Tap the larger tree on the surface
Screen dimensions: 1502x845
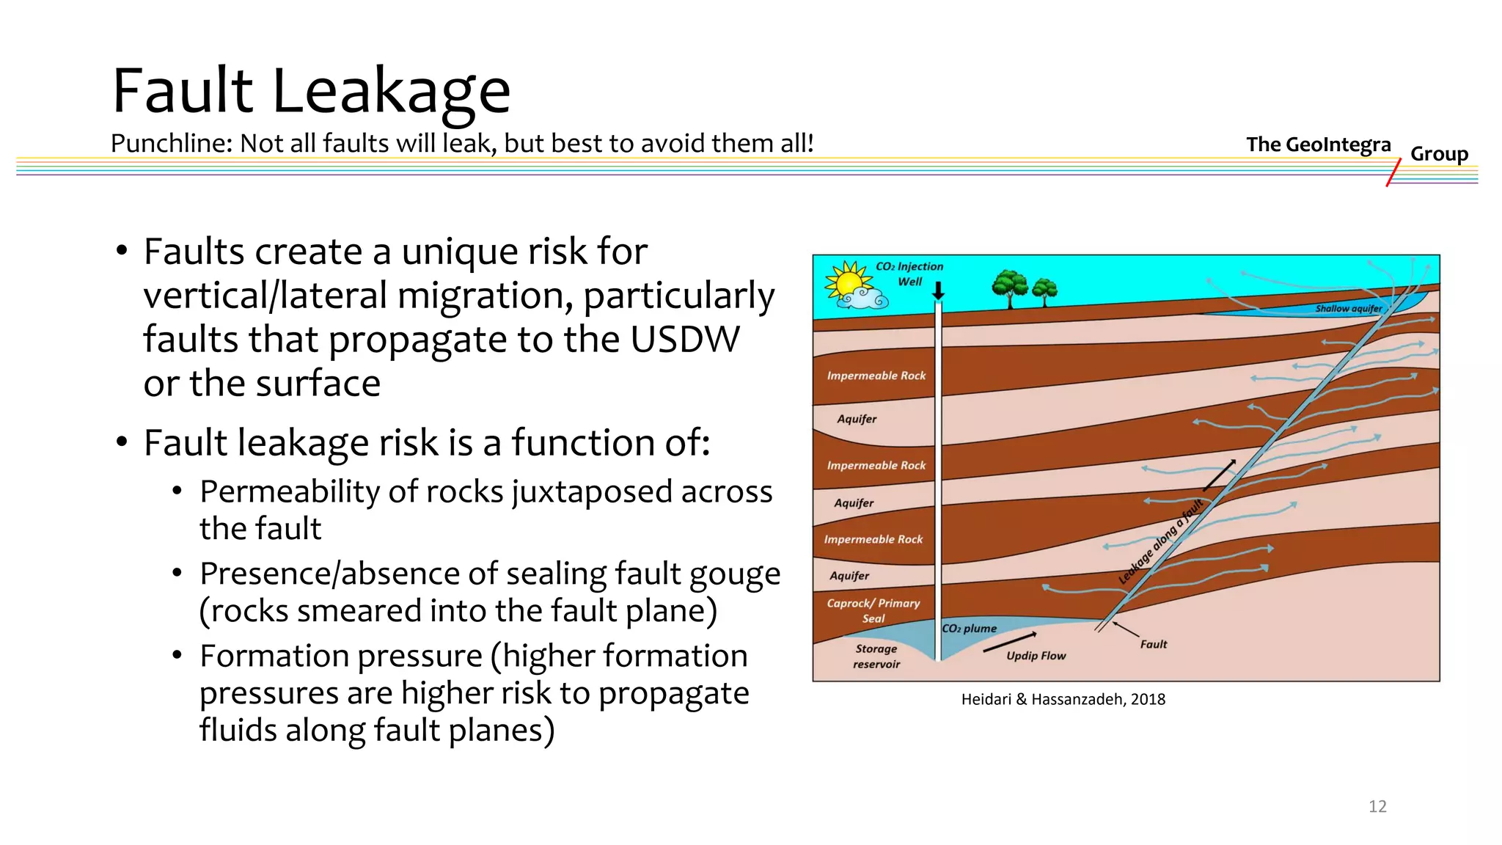[1010, 288]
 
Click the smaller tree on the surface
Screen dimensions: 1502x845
[1044, 291]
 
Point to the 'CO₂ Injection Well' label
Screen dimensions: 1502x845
[909, 274]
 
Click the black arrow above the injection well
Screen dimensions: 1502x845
[938, 291]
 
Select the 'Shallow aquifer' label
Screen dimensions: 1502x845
[1348, 309]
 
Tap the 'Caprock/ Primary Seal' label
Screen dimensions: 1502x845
[873, 610]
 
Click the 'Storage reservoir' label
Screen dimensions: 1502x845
[876, 656]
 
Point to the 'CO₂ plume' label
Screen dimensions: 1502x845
[970, 629]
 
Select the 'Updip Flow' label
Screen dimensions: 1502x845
[1036, 656]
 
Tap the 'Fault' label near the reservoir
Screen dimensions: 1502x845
[1153, 644]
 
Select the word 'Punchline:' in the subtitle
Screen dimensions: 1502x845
[172, 143]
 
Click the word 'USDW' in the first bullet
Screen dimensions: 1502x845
[684, 340]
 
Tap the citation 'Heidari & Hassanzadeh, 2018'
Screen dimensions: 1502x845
[1063, 699]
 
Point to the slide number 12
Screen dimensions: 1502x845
[1377, 806]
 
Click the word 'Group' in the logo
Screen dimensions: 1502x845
[1439, 154]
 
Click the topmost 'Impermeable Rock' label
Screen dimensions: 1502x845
[876, 376]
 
